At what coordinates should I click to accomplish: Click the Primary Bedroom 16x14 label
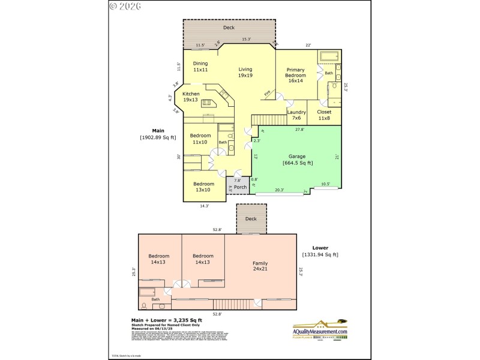[295, 75]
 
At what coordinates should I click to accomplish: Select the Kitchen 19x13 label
[191, 97]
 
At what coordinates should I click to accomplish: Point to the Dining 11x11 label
[200, 67]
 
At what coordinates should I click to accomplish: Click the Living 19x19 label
[245, 72]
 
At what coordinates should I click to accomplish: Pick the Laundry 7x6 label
[296, 115]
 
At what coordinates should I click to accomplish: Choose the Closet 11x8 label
[324, 115]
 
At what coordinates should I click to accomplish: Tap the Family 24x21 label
[260, 266]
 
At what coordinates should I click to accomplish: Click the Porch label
[240, 187]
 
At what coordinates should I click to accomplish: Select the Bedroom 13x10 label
[203, 187]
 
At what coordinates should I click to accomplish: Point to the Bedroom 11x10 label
[200, 139]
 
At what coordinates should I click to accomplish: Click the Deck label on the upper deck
[229, 28]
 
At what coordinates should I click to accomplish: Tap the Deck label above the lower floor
[251, 218]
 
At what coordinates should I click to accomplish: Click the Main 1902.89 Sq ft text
[158, 134]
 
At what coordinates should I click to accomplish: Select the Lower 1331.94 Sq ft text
[320, 251]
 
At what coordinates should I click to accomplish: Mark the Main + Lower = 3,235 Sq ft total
[170, 320]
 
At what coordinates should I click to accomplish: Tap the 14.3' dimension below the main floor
[205, 206]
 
